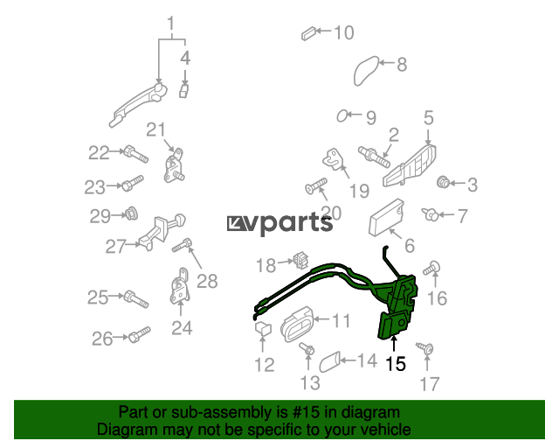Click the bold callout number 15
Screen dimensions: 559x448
[x=396, y=364]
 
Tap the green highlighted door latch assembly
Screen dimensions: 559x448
[x=396, y=304]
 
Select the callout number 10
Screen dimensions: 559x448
[x=343, y=32]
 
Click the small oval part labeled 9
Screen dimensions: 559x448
[x=342, y=115]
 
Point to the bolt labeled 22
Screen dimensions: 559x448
[x=136, y=155]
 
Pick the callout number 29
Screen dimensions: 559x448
[x=100, y=216]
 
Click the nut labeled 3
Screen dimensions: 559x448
[x=443, y=182]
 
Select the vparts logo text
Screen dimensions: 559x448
[x=280, y=224]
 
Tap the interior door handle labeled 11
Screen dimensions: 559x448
[x=298, y=324]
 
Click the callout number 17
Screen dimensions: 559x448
[x=429, y=384]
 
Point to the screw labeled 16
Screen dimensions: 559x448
[x=432, y=268]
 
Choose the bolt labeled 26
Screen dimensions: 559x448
[x=139, y=335]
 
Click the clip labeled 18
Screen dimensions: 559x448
[x=301, y=260]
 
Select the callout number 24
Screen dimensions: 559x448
[x=182, y=327]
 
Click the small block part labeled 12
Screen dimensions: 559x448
[x=263, y=327]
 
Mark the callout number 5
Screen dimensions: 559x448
[x=429, y=118]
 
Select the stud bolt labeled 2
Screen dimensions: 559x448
[x=374, y=157]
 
